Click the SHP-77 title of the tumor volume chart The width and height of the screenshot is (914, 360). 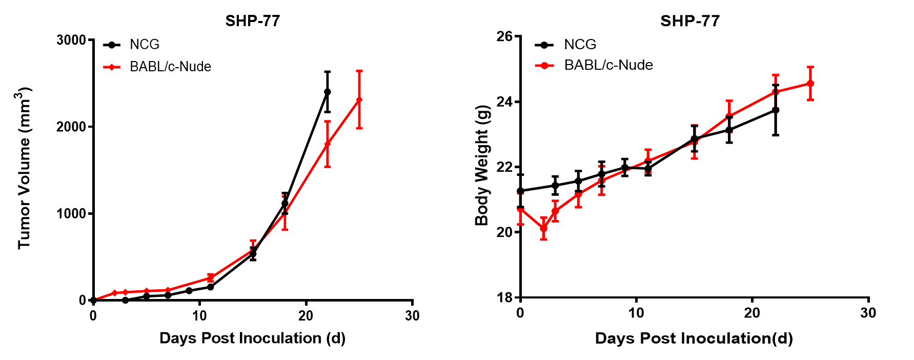point(252,21)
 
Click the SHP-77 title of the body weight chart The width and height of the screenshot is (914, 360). point(689,21)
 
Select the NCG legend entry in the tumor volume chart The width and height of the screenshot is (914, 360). point(144,45)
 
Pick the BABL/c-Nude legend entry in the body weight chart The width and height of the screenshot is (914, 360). point(608,65)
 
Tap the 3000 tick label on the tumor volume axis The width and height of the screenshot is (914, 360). point(71,40)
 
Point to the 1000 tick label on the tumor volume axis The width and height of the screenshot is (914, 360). point(71,213)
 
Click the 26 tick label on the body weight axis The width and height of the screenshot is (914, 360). point(504,36)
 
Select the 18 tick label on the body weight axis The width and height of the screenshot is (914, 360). point(504,297)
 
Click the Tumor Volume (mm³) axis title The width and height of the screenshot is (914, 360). point(25,168)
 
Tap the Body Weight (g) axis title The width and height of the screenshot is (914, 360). point(482,166)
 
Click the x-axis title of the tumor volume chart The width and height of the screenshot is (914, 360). point(252,338)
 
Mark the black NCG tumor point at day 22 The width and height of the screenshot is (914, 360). point(327,92)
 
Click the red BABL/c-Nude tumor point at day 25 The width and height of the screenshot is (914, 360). point(359,99)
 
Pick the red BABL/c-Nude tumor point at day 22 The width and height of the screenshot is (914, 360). point(327,144)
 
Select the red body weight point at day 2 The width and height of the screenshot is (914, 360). point(543,229)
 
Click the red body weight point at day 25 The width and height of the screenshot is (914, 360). point(810,83)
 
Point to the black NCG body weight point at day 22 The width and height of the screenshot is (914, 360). point(776,110)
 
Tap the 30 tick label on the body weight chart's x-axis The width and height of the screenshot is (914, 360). point(868,313)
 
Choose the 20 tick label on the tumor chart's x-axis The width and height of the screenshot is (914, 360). point(306,316)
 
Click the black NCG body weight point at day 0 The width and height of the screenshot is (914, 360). point(520,191)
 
